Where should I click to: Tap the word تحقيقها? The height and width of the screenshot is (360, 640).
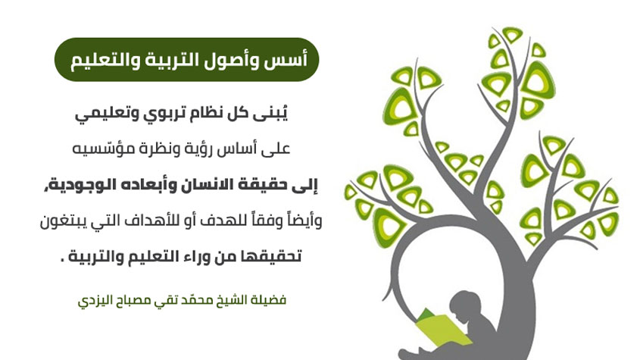click(276, 257)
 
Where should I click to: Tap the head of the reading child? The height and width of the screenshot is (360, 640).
click(465, 305)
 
